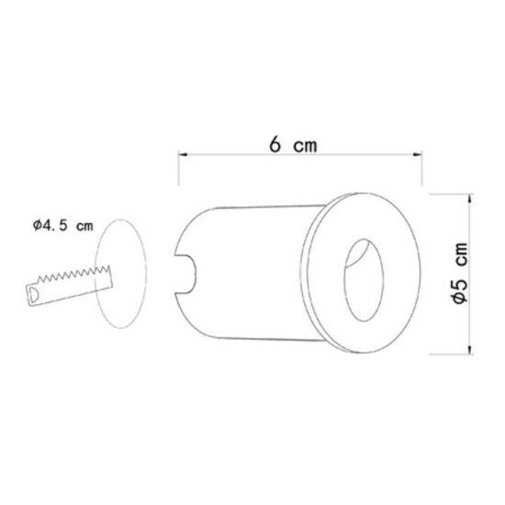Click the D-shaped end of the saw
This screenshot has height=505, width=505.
coord(32,294)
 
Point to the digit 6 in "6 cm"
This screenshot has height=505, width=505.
coord(275,145)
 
